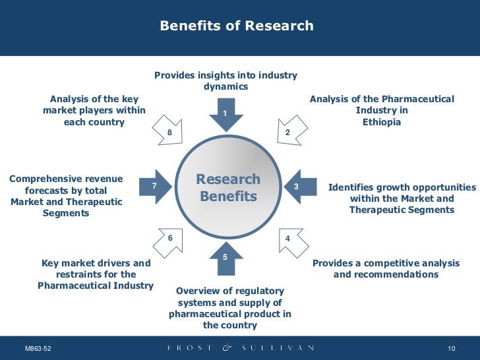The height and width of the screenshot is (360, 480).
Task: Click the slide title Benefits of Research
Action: [x=237, y=26]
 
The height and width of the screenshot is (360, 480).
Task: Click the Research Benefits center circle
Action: [x=228, y=188]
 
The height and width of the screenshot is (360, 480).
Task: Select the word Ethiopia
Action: [x=382, y=123]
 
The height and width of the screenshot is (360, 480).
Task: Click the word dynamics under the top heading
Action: [x=225, y=86]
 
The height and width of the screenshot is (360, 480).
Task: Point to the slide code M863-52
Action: [x=38, y=348]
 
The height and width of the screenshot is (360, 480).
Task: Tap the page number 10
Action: [x=452, y=348]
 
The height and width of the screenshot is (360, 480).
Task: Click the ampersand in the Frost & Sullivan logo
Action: [x=228, y=347]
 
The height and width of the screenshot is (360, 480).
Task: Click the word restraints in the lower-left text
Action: [x=79, y=274]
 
